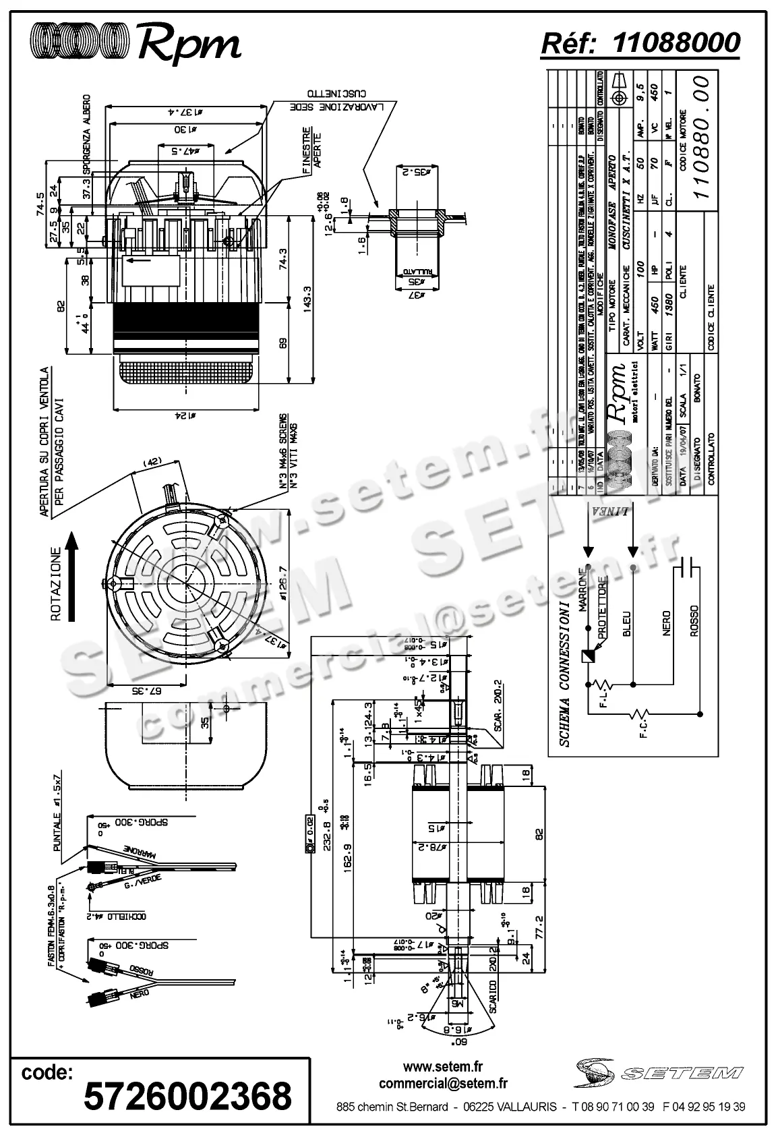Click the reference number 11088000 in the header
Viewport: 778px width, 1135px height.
[677, 42]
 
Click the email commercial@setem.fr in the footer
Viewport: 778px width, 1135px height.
[443, 1084]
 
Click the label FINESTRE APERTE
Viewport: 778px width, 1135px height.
[311, 148]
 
